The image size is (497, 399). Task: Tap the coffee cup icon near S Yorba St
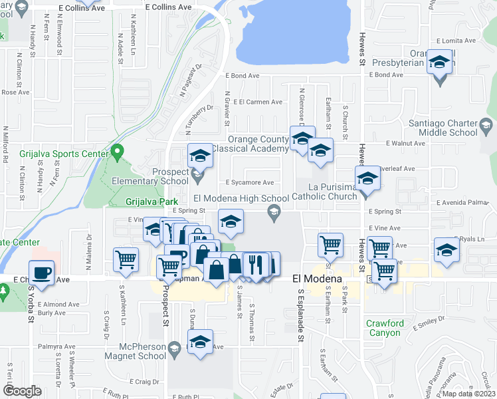(x=42, y=273)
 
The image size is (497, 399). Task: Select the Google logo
(x=22, y=391)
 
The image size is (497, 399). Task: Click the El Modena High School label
(x=241, y=198)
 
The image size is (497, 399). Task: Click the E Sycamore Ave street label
(x=250, y=182)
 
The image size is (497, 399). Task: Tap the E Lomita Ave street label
(x=458, y=41)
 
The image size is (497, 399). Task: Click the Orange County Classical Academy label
(x=258, y=144)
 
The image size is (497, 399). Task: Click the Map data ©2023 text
(x=468, y=394)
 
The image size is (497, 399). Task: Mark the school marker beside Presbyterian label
(x=439, y=63)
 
